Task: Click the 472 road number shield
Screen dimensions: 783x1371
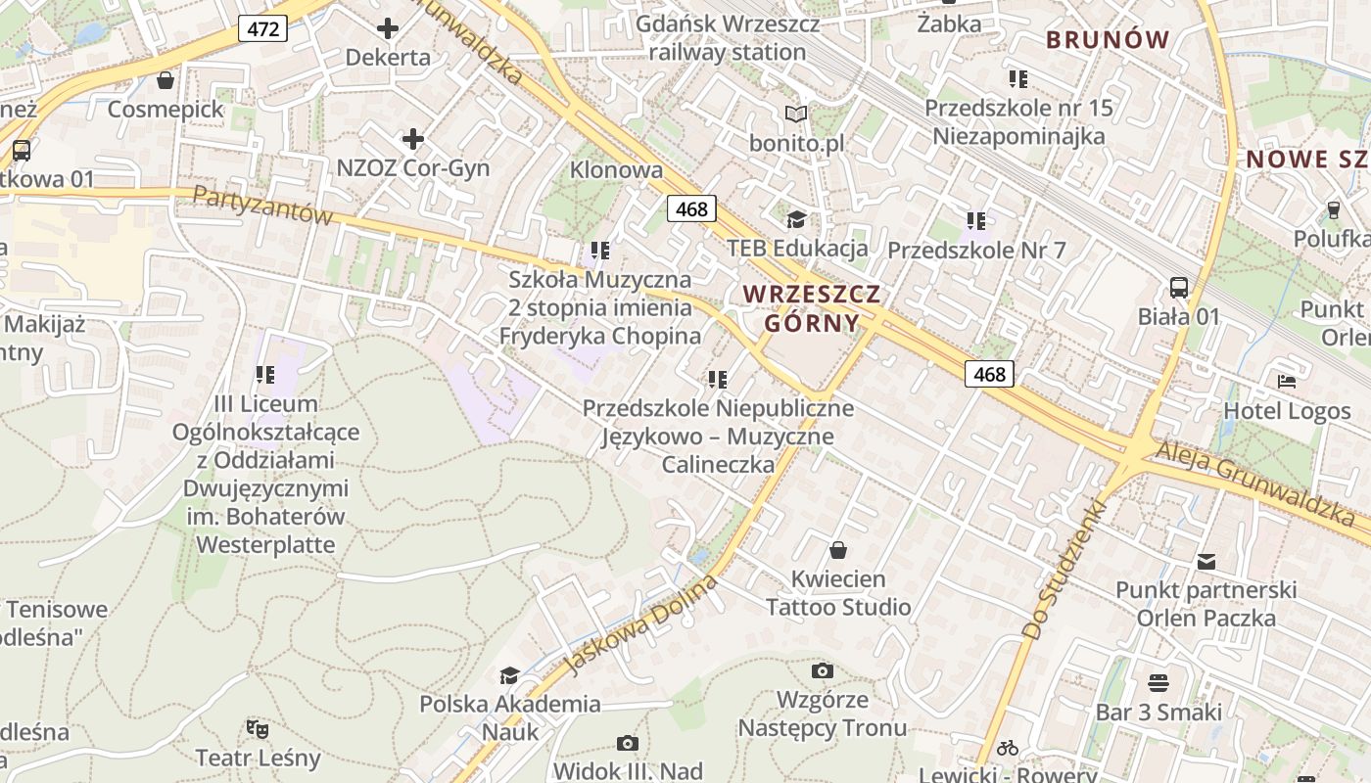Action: pos(263,29)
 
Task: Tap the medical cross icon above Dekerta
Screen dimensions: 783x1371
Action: pos(388,28)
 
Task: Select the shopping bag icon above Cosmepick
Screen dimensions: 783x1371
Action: pos(165,79)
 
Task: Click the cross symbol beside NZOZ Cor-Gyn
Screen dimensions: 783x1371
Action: pos(413,139)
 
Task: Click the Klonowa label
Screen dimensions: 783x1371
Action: pos(616,169)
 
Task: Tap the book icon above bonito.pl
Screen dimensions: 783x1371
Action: pos(796,115)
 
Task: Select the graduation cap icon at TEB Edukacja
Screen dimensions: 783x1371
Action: pos(796,219)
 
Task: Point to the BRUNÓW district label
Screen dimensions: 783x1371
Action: pos(1108,40)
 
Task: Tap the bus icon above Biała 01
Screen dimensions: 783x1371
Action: pos(1179,288)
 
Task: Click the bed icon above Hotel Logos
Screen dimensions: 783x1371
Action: pos(1286,382)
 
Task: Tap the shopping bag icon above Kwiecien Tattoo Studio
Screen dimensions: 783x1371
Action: pos(837,550)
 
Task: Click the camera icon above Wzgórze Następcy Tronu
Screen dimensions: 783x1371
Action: pos(823,670)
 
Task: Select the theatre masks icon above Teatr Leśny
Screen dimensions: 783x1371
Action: pos(258,728)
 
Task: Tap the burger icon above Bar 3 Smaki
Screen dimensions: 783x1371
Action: pos(1158,682)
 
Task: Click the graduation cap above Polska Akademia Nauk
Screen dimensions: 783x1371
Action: pos(509,675)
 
